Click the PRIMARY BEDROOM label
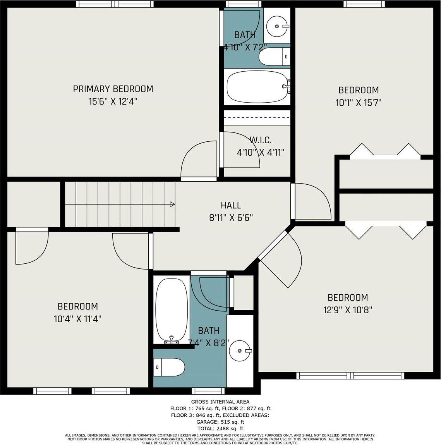113,89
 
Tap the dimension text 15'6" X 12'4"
113,101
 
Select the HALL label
231,205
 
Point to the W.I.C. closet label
261,140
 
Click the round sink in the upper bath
277,26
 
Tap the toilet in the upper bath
274,57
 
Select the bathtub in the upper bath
258,86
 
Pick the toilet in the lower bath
170,367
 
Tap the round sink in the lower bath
240,351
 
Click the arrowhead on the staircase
172,204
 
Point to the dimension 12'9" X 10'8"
348,309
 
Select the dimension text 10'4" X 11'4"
78,319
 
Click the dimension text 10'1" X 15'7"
359,103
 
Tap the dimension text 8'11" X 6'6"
231,218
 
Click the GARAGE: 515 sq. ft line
220,422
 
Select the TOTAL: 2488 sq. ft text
220,428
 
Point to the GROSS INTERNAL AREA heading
220,402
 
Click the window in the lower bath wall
208,391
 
